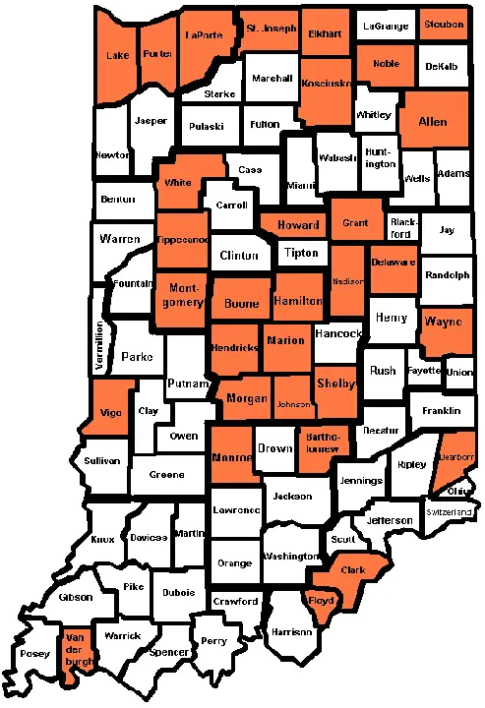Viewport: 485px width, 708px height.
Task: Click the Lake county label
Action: pyautogui.click(x=116, y=56)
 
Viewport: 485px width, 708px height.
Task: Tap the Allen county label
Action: pyautogui.click(x=433, y=122)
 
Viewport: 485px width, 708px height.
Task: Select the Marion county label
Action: pyautogui.click(x=286, y=341)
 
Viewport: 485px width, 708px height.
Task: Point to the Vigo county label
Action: pyautogui.click(x=111, y=414)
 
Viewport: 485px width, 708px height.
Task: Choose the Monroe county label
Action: pyautogui.click(x=232, y=458)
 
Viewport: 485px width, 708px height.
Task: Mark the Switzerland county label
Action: pyautogui.click(x=451, y=512)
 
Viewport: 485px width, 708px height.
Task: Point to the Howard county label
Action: pyautogui.click(x=298, y=225)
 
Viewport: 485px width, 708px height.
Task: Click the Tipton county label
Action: pyautogui.click(x=301, y=253)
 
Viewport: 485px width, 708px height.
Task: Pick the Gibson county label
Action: pyautogui.click(x=76, y=597)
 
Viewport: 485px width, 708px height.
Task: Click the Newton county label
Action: pyautogui.click(x=112, y=155)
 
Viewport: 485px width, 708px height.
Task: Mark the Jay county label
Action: pyautogui.click(x=448, y=230)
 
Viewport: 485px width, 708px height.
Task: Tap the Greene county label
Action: pyautogui.click(x=166, y=475)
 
